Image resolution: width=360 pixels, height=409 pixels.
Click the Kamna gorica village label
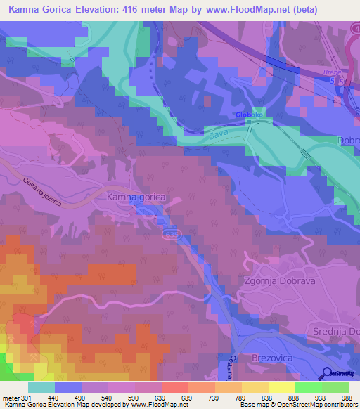[136, 198]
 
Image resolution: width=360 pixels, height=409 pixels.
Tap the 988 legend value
[347, 397]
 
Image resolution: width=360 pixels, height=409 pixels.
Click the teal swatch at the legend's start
[41, 387]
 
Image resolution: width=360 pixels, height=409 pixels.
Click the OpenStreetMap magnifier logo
[328, 372]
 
